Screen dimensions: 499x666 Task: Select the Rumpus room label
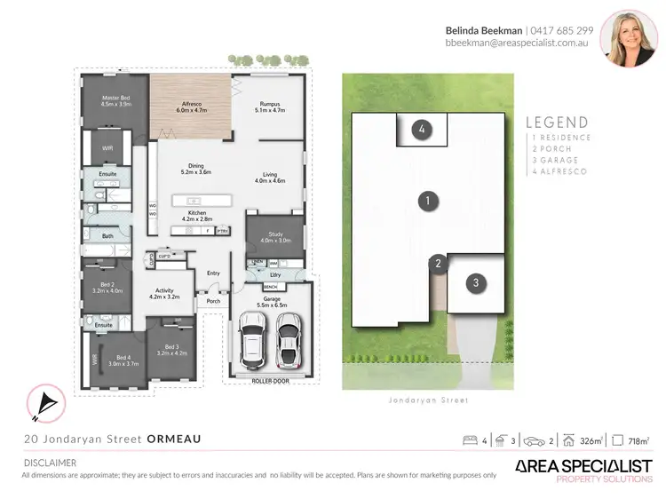coord(270,107)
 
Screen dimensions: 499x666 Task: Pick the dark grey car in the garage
coord(288,345)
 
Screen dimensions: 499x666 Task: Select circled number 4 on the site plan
coord(423,130)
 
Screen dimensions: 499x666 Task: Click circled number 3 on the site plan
coord(476,283)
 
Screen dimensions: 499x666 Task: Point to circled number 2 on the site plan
coord(437,263)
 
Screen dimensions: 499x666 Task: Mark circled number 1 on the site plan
coord(428,201)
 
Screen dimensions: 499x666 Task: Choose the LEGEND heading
coord(557,123)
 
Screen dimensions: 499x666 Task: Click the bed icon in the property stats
coord(472,440)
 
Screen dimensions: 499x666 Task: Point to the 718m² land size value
coord(638,440)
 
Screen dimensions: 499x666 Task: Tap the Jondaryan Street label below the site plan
coord(428,400)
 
